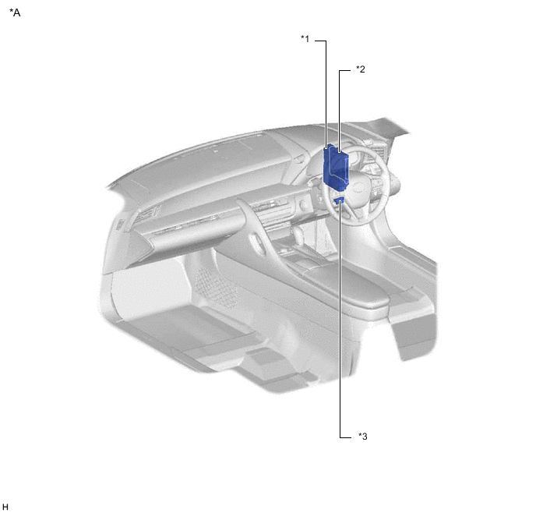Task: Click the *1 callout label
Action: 305,39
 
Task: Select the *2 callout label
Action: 361,69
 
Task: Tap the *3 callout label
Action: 363,437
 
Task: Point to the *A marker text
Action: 15,12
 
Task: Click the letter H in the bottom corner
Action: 5,507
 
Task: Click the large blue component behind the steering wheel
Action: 335,168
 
